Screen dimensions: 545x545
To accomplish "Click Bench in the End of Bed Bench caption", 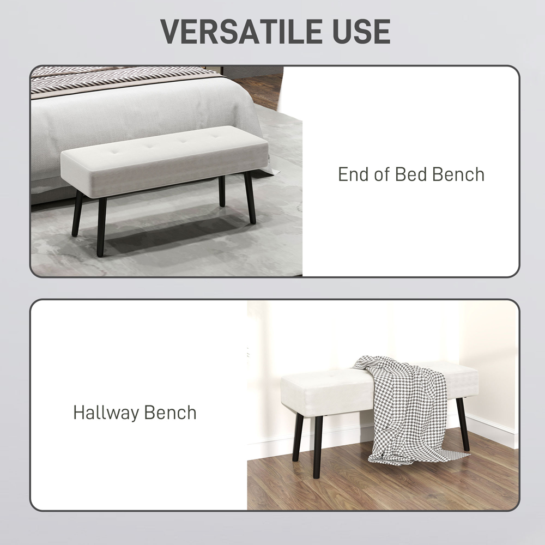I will [x=458, y=174].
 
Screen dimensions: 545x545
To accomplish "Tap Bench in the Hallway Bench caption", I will [x=171, y=413].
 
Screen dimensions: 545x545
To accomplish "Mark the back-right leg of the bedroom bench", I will [x=222, y=191].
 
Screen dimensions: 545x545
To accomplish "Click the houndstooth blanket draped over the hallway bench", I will [x=403, y=403].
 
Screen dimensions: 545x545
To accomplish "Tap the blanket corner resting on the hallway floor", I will [x=447, y=453].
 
